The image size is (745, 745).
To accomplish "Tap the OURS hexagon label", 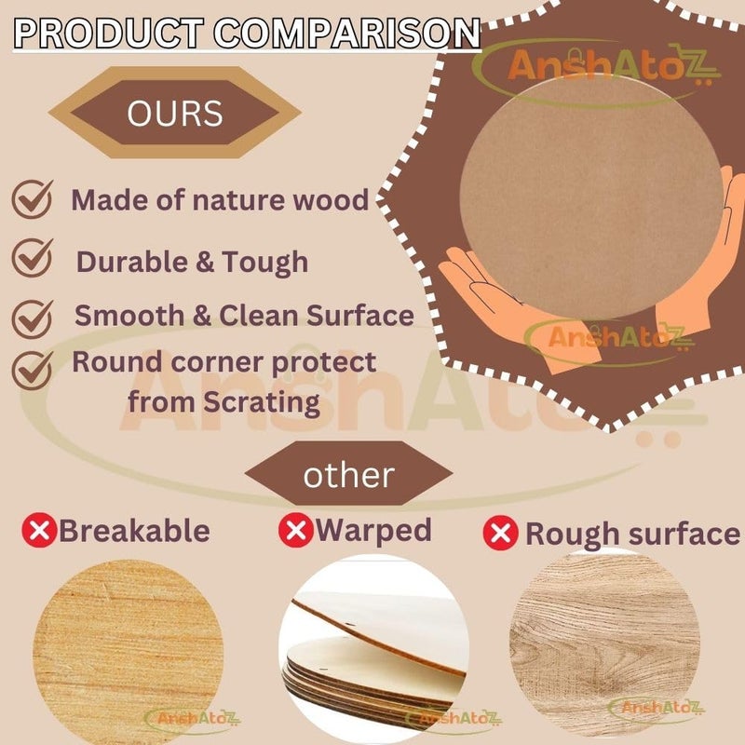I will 175,113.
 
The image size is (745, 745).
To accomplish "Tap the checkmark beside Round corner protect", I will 33,369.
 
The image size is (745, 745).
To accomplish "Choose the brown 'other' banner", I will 348,475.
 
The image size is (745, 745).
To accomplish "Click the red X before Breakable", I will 38,532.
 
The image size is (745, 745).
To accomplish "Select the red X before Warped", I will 295,531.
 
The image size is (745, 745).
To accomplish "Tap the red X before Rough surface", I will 501,534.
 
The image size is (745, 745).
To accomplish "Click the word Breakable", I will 134,532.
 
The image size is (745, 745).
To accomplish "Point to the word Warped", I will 373,531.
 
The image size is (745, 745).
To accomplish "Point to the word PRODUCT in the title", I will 109,33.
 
